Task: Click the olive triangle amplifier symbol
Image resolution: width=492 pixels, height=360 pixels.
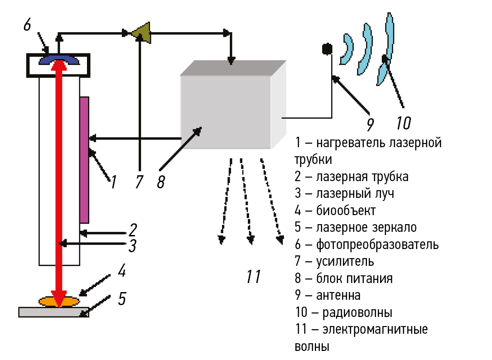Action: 142,32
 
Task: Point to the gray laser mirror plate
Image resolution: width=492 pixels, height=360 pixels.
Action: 53,312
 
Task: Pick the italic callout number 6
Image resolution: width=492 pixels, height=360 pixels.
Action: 27,24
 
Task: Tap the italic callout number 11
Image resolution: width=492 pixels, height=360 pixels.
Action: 253,276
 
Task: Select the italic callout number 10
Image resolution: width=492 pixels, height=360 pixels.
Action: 403,122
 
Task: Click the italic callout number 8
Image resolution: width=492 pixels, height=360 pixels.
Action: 161,182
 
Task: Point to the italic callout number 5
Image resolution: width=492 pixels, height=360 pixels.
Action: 122,298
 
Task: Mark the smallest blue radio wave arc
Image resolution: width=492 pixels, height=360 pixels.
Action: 347,49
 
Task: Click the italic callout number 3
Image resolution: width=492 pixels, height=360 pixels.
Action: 132,246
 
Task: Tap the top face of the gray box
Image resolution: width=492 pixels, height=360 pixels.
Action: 233,67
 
